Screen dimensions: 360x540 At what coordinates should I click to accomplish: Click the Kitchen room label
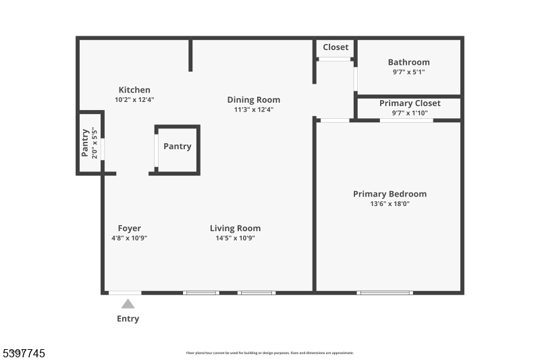coord(134,90)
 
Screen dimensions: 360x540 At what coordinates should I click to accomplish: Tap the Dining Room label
coord(253,100)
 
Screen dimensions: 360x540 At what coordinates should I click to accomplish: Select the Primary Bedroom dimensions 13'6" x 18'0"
coord(389,203)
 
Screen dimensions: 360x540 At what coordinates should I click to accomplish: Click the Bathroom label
coord(408,62)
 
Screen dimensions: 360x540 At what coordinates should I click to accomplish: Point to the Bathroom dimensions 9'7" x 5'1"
coord(408,72)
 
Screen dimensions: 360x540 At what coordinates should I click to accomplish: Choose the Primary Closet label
coord(409,103)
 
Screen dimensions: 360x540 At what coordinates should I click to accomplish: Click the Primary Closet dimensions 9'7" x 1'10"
coord(409,113)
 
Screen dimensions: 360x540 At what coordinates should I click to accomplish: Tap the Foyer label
coord(130,228)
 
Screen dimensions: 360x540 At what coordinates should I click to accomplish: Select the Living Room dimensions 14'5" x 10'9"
coord(235,238)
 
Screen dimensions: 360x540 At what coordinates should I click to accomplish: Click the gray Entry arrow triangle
coord(128,304)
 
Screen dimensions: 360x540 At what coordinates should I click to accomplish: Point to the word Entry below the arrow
coord(128,319)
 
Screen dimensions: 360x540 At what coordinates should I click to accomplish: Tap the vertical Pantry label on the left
coord(86,143)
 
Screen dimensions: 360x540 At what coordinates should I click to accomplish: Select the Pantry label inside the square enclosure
coord(178,146)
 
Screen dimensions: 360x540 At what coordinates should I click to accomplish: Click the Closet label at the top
coord(335,47)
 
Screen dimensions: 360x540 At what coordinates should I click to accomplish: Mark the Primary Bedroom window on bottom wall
coord(385,292)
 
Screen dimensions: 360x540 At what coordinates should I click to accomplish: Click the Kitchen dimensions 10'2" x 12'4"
coord(134,99)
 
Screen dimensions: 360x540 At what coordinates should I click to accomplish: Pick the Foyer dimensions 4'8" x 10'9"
coord(130,238)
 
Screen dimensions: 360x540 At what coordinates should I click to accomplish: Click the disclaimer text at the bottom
coord(270,353)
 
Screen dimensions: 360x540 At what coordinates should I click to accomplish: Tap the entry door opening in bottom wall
coord(126,292)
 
